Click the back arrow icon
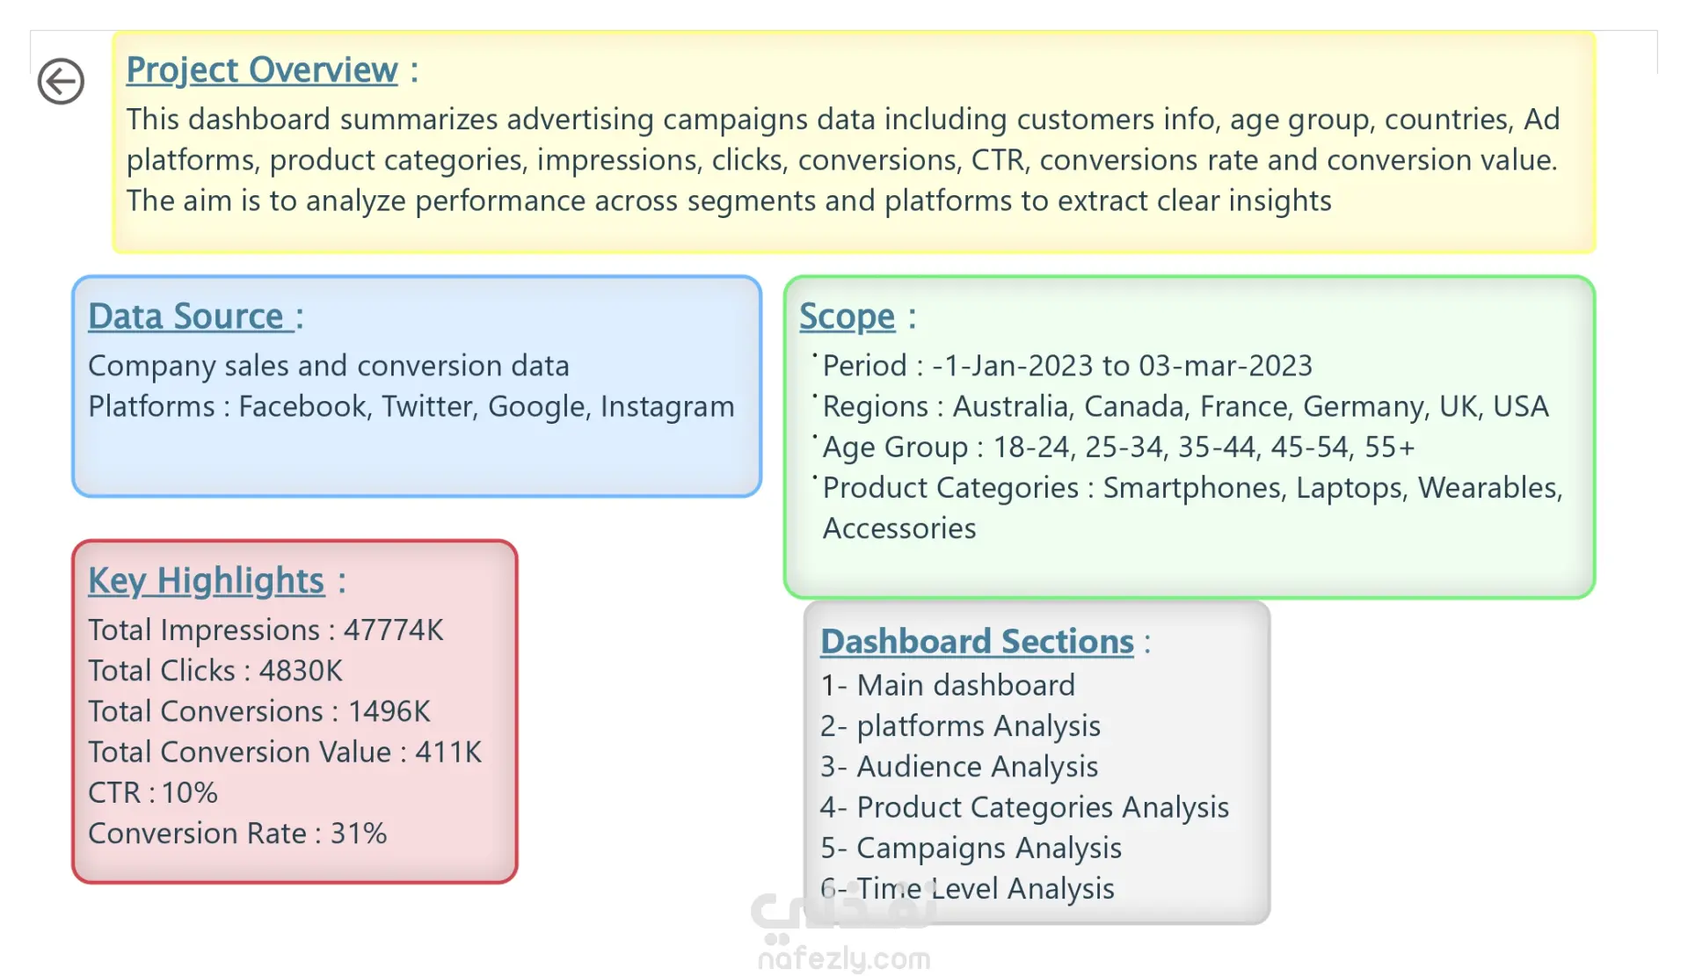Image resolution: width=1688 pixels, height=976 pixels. click(61, 82)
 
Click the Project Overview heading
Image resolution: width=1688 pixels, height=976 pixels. click(262, 70)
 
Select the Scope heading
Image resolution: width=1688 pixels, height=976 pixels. click(847, 317)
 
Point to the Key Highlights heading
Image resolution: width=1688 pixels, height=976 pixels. click(206, 581)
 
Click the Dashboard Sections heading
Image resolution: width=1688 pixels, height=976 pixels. click(977, 642)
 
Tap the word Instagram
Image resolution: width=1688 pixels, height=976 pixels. click(667, 407)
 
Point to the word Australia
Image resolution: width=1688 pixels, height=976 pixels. click(1011, 406)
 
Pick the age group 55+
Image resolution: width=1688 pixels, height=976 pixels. click(1389, 447)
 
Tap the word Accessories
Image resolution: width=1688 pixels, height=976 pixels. click(899, 528)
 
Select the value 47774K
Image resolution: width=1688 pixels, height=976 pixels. click(393, 630)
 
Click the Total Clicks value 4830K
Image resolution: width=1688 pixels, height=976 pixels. click(300, 671)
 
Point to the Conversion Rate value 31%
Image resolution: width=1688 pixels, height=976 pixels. click(358, 834)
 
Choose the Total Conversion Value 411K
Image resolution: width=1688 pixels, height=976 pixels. click(448, 753)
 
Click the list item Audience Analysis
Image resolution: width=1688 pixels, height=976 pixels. click(977, 767)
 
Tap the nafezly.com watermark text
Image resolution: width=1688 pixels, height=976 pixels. click(844, 958)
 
